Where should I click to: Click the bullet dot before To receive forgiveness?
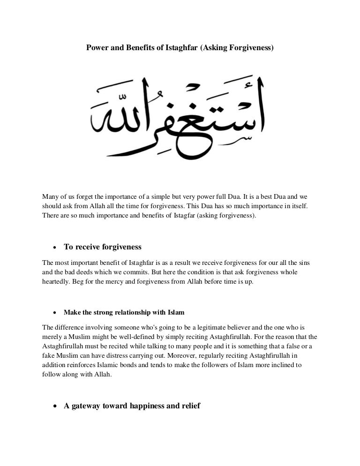pos(55,247)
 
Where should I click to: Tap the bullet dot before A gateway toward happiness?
pos(55,406)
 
